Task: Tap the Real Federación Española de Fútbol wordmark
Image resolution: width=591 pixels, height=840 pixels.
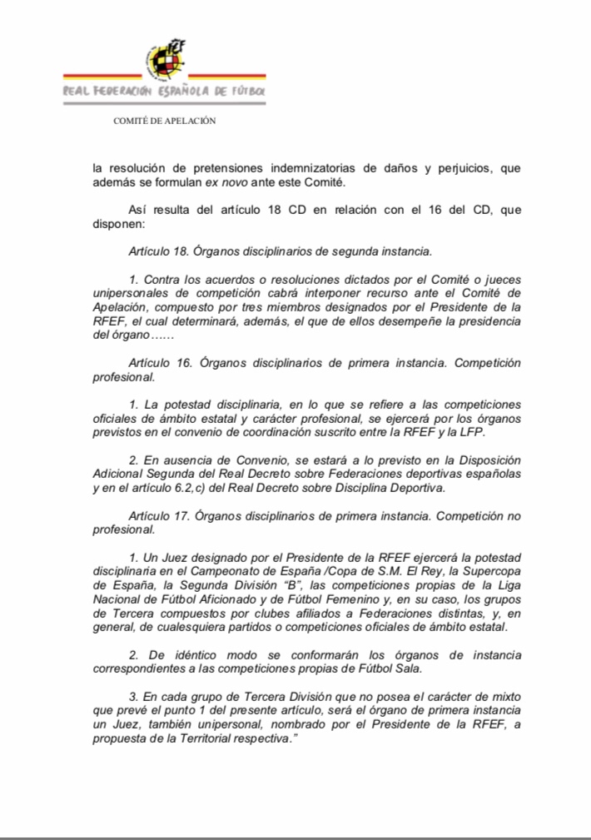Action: click(x=164, y=90)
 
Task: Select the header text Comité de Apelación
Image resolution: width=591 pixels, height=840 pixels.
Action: click(x=165, y=121)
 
